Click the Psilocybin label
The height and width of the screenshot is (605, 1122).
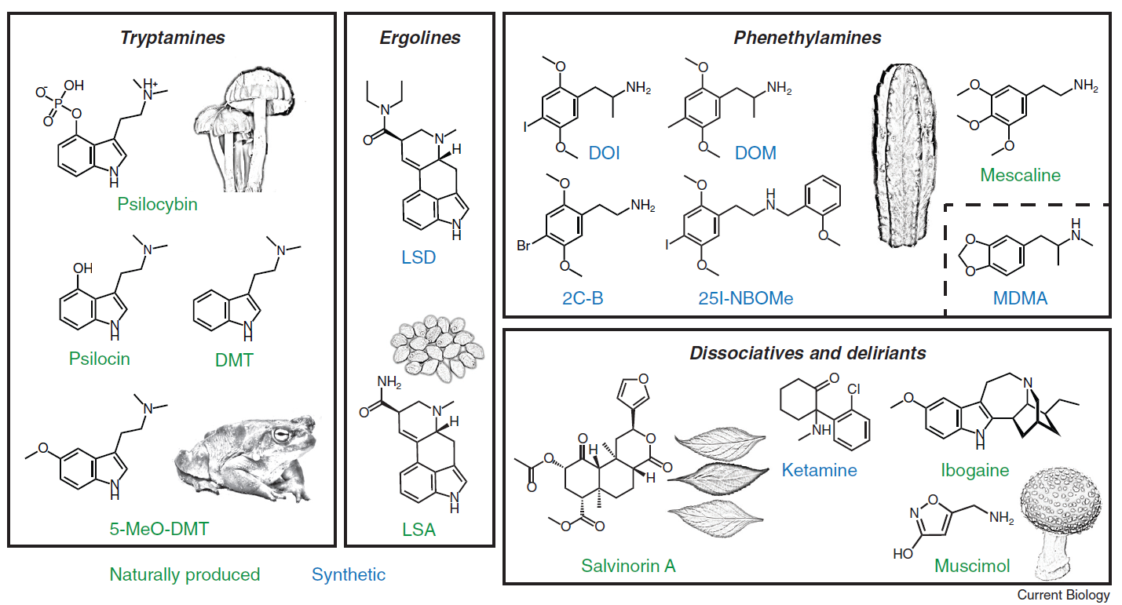[x=157, y=205]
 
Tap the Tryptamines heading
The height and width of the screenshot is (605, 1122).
[x=173, y=38]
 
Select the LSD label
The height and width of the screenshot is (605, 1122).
[x=418, y=257]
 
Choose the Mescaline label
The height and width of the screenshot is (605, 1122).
[x=1019, y=175]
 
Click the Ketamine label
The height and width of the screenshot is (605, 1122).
[x=819, y=470]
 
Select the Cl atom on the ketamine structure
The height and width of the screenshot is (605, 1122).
[x=854, y=388]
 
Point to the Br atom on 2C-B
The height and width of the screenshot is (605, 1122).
[x=524, y=246]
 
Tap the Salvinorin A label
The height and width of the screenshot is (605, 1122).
[x=628, y=565]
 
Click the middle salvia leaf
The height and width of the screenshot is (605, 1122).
[x=718, y=476]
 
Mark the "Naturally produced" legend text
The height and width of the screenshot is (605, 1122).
[x=185, y=574]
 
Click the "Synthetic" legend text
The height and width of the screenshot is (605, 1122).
[x=349, y=574]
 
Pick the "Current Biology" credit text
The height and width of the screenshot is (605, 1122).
[x=1063, y=596]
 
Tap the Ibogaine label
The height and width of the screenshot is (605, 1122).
[x=974, y=471]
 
